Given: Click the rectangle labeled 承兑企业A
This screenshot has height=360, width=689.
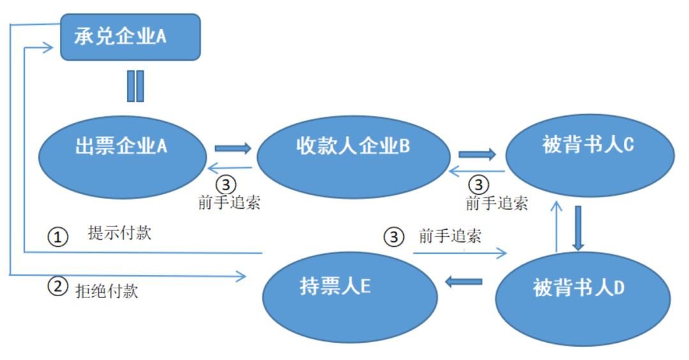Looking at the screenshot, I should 130,37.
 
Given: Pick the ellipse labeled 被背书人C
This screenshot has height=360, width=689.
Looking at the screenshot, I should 589,154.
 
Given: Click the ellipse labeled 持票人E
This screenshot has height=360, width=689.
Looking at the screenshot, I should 351,296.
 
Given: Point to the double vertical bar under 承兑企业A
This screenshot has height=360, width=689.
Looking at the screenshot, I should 135,86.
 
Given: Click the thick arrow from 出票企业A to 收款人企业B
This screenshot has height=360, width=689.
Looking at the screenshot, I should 233,149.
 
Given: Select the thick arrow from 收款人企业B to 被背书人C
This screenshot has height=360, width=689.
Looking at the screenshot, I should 477,154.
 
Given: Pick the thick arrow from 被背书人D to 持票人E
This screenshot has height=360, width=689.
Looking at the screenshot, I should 464,281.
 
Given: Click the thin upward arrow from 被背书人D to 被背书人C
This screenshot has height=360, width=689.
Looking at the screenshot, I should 557,227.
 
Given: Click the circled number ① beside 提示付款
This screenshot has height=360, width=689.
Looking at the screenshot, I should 57,237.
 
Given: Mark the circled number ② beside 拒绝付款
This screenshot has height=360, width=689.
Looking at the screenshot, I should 57,287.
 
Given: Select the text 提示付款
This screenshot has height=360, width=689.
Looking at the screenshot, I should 120,233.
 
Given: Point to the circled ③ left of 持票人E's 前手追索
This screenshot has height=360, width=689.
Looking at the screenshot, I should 394,237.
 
